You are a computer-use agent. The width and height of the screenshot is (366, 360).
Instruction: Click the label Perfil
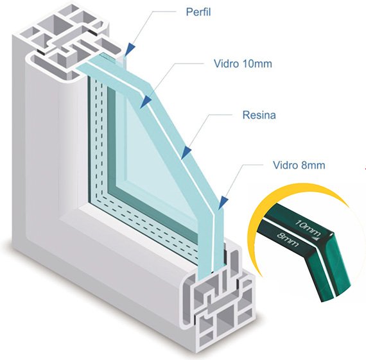(198, 12)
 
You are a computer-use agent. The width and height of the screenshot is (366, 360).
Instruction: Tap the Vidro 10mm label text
(243, 64)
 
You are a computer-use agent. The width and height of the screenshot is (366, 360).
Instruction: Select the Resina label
(259, 115)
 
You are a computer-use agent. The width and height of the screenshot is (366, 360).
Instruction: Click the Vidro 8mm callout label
(299, 165)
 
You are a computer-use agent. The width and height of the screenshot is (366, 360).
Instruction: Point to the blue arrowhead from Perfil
(131, 49)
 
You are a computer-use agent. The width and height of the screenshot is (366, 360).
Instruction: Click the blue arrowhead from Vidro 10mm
(146, 101)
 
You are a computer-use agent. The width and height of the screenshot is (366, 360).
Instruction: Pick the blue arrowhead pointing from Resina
(186, 153)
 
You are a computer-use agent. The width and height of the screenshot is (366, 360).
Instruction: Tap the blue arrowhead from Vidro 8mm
(223, 202)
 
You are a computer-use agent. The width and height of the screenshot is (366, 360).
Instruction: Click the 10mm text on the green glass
(308, 227)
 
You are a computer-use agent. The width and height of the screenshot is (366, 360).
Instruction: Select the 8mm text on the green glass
(288, 239)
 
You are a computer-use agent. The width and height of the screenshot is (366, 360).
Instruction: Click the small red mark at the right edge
(365, 168)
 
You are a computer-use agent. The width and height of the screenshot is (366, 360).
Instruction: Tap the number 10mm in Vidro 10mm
(257, 64)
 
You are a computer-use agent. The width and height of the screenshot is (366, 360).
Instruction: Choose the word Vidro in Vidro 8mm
(286, 165)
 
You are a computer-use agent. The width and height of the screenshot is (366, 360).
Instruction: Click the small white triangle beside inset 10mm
(316, 238)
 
